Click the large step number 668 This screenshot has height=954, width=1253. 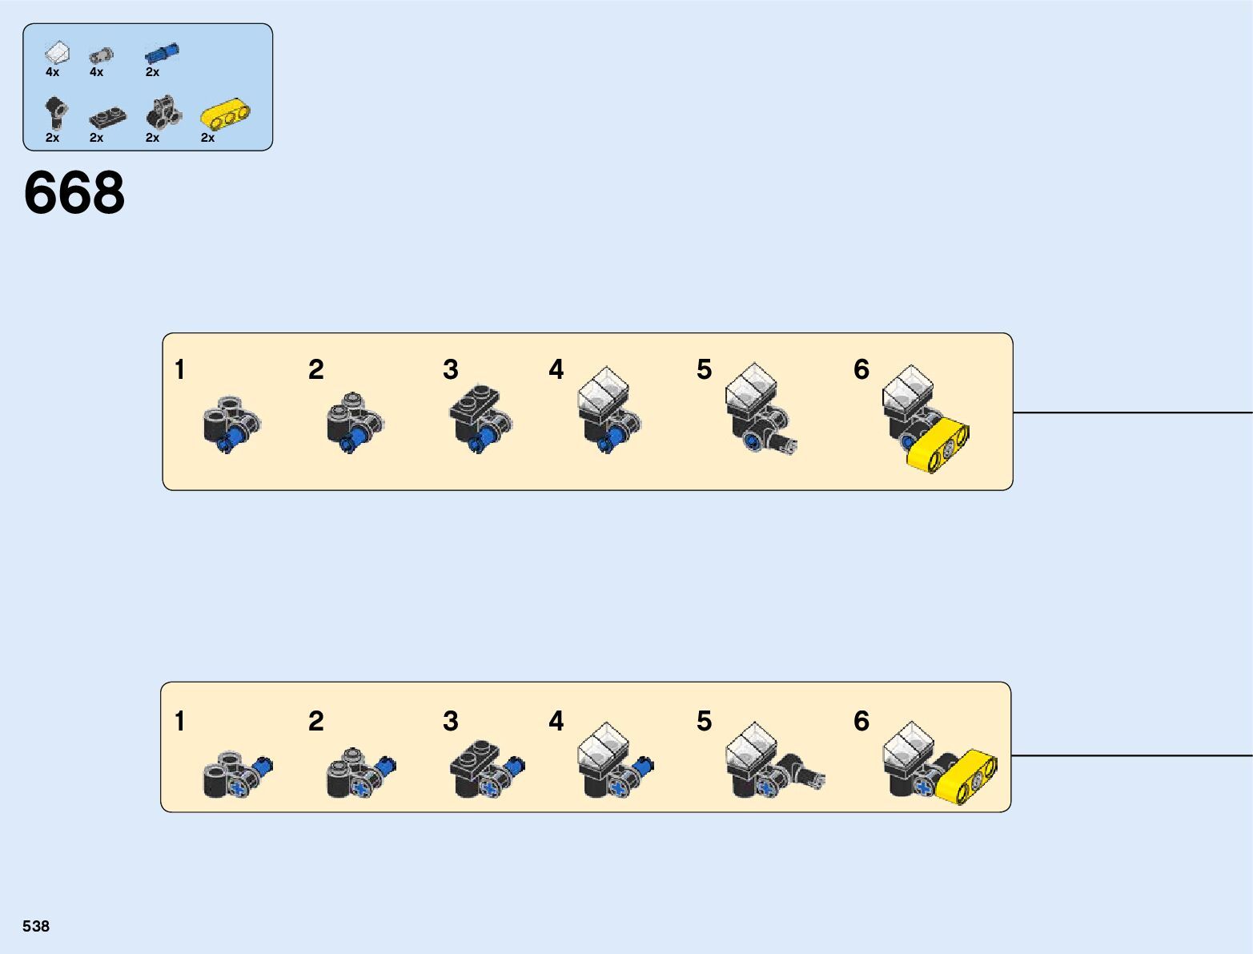[74, 192]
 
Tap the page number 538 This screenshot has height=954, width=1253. [36, 926]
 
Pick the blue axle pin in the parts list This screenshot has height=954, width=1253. [162, 53]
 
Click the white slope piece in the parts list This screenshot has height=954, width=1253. [57, 53]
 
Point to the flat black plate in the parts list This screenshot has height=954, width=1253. [108, 118]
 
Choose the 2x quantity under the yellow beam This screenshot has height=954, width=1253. [208, 138]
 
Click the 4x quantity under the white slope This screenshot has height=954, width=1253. [53, 72]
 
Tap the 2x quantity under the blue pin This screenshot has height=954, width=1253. [152, 72]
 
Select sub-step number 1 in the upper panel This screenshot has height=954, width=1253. [180, 369]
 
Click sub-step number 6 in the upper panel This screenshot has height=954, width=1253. [861, 368]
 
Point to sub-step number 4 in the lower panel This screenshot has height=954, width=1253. [556, 720]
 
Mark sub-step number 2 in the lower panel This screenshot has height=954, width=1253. [315, 720]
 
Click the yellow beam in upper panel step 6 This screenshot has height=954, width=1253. [938, 445]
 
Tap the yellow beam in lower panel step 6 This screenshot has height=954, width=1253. [966, 777]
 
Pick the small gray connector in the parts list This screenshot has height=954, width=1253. [102, 55]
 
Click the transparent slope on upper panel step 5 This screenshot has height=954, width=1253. [751, 389]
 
